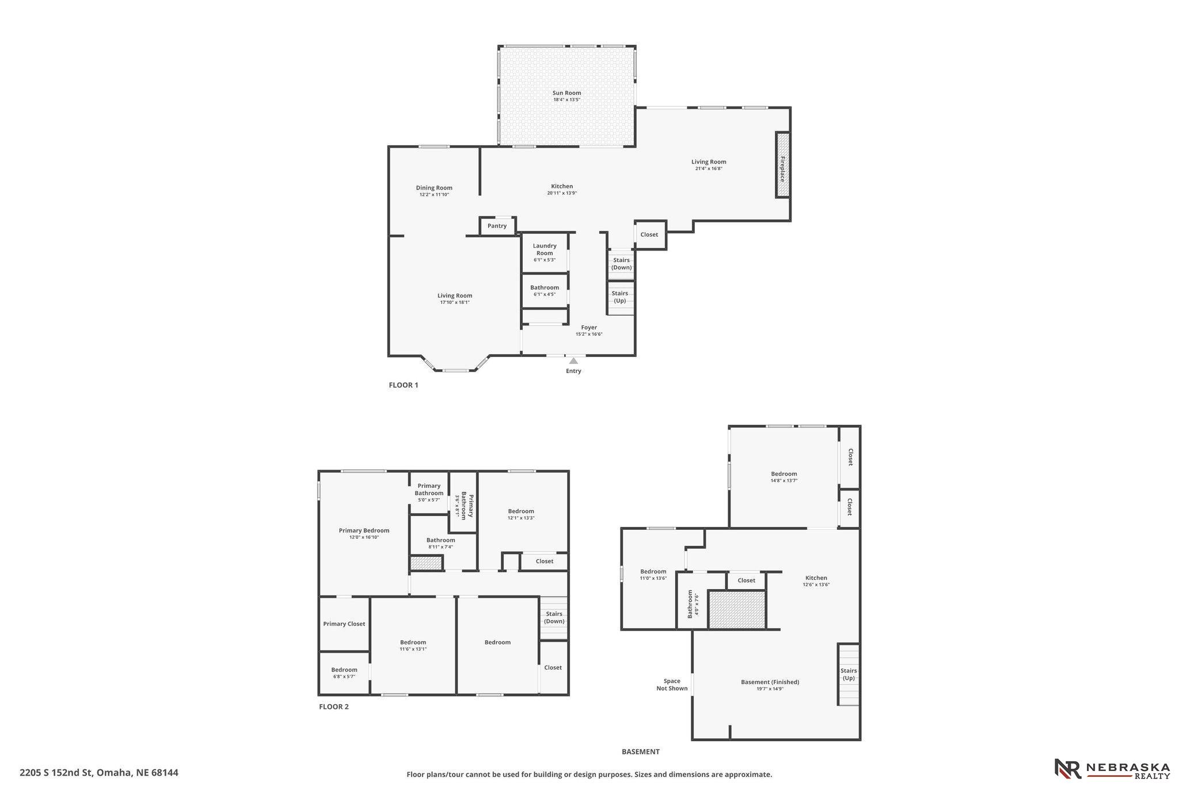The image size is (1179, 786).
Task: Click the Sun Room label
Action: pyautogui.click(x=566, y=93)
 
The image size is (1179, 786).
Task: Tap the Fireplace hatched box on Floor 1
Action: pyautogui.click(x=782, y=165)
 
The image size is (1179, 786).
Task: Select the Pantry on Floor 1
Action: pyautogui.click(x=497, y=226)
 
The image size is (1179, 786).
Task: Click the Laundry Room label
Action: pyautogui.click(x=545, y=249)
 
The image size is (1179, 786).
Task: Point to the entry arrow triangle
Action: pyautogui.click(x=573, y=360)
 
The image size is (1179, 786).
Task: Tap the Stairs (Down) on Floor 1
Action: pyautogui.click(x=621, y=264)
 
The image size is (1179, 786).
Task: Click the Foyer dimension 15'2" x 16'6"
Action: pyautogui.click(x=589, y=334)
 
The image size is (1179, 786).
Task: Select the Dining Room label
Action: pyautogui.click(x=434, y=188)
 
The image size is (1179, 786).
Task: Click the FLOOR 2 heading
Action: pyautogui.click(x=334, y=707)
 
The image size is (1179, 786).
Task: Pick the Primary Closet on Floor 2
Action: pyautogui.click(x=344, y=624)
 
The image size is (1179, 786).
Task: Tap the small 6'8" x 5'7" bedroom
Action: pyautogui.click(x=344, y=673)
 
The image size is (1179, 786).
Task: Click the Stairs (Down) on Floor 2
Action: pyautogui.click(x=554, y=618)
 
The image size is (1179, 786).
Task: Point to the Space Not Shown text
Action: pyautogui.click(x=672, y=685)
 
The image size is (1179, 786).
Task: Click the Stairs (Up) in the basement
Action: pyautogui.click(x=849, y=674)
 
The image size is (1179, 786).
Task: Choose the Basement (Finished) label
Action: pyautogui.click(x=770, y=682)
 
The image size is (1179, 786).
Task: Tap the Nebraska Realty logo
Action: pyautogui.click(x=1112, y=769)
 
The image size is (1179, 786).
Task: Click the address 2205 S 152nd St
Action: pyautogui.click(x=56, y=773)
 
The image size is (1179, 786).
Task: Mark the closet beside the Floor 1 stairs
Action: pyautogui.click(x=650, y=235)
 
